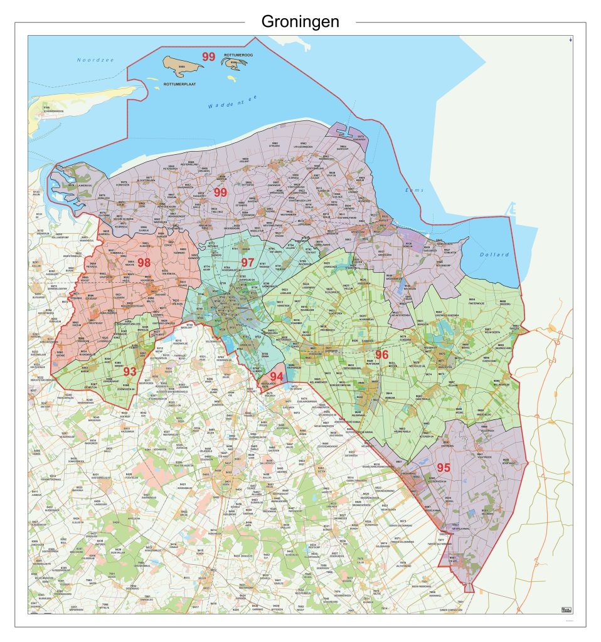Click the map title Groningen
pos(300,22)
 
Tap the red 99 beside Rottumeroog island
pos(208,56)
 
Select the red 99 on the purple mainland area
pos(220,192)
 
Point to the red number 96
pos(382,355)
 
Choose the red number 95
pos(444,467)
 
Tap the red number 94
pos(276,376)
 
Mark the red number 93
pos(130,371)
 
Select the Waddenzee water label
pos(233,102)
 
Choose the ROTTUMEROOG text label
pos(237,56)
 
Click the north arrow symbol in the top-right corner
pos(570,41)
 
